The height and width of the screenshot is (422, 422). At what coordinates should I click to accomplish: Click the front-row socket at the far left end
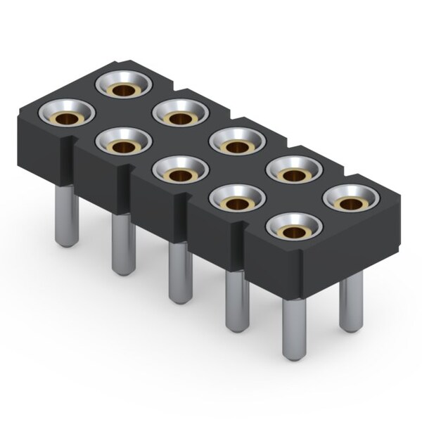tap(67, 111)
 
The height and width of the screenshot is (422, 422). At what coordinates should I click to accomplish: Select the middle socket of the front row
tap(181, 168)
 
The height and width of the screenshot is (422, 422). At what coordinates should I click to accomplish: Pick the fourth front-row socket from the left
tap(238, 199)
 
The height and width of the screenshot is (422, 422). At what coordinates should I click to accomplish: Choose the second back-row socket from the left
tap(181, 113)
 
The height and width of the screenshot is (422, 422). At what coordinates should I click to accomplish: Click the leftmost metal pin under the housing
tap(67, 215)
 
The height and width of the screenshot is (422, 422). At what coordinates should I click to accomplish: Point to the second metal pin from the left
tap(124, 243)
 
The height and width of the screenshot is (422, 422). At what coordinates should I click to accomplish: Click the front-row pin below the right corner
tap(295, 327)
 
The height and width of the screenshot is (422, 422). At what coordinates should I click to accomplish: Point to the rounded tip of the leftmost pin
tap(67, 243)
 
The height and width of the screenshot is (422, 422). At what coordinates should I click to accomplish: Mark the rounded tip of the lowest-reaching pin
tap(295, 356)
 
